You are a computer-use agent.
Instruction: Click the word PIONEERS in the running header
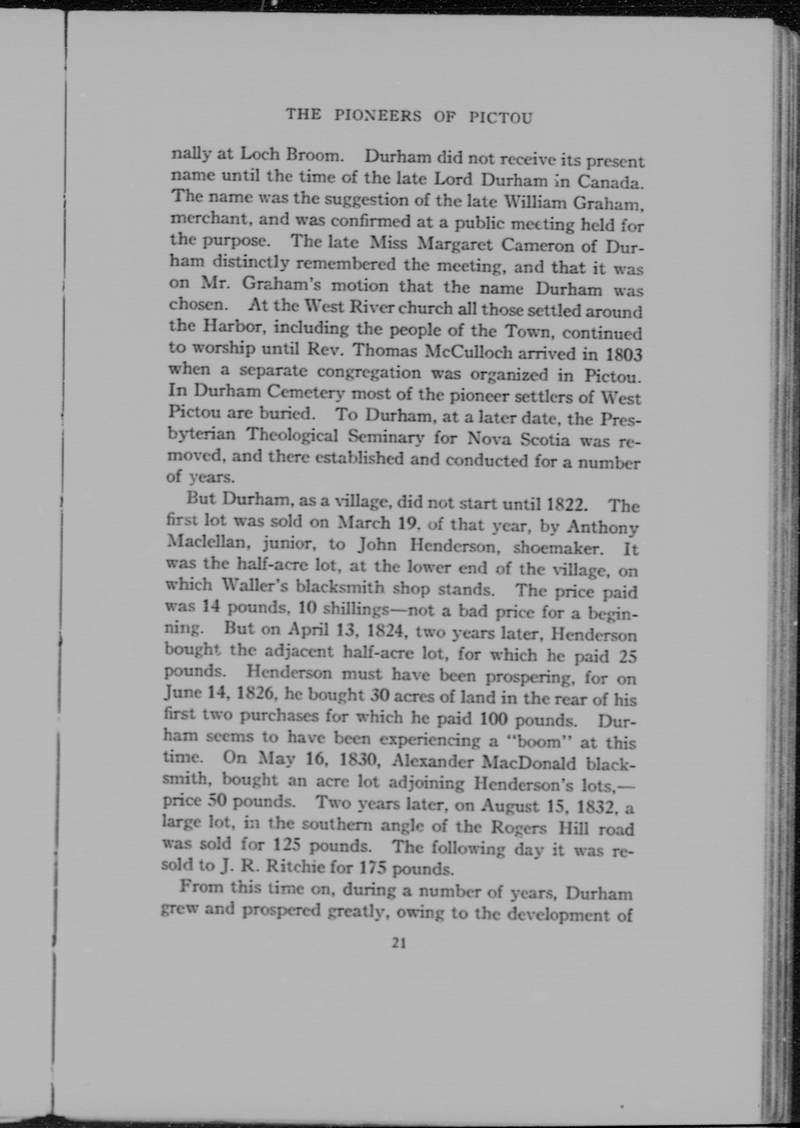point(378,116)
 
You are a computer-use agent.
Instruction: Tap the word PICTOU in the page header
point(500,118)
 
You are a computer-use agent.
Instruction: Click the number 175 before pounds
point(371,867)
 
